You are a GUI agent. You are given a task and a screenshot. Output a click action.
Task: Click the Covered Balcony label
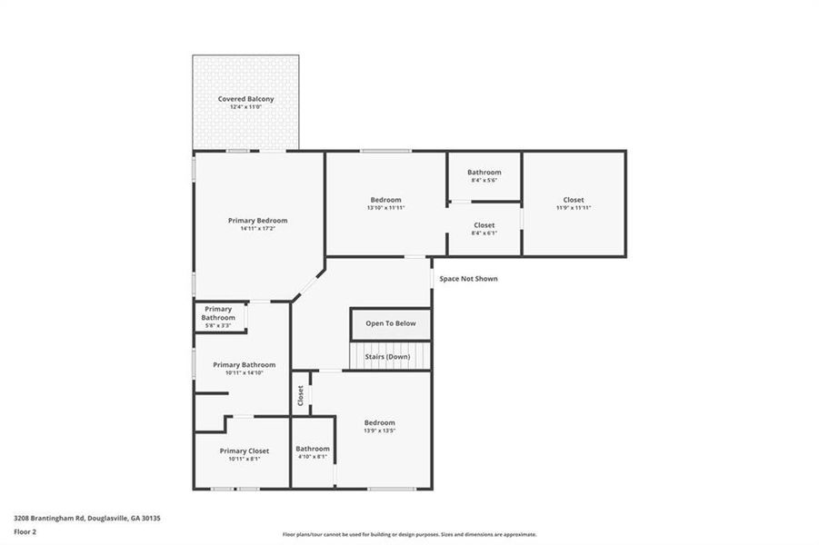(x=245, y=98)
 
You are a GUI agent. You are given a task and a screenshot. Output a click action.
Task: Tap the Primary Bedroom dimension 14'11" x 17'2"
(x=257, y=229)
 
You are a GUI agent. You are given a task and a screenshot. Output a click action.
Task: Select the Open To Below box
(x=391, y=323)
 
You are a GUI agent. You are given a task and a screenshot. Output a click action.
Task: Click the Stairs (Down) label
(x=387, y=357)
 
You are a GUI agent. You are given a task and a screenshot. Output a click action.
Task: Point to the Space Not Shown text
(x=468, y=279)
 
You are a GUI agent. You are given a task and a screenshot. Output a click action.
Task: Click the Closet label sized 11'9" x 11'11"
(x=574, y=200)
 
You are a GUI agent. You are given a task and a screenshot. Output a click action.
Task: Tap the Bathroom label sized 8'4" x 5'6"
(x=484, y=173)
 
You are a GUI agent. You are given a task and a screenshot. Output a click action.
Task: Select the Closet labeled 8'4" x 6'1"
(x=484, y=225)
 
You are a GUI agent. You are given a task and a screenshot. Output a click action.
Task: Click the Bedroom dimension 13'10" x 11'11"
(x=385, y=208)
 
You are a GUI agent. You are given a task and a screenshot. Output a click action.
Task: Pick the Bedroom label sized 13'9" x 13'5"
(x=380, y=422)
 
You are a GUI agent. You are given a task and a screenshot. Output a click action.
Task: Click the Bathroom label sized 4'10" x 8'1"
(x=313, y=449)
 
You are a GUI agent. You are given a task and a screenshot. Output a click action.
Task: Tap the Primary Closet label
(x=245, y=451)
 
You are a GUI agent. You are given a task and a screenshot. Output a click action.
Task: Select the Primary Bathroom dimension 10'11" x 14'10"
(x=245, y=372)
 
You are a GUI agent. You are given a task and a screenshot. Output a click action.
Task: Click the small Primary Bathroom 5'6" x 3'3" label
(x=217, y=313)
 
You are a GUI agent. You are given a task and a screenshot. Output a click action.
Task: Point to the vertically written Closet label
(x=300, y=395)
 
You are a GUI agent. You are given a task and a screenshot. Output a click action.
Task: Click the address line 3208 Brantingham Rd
(x=86, y=518)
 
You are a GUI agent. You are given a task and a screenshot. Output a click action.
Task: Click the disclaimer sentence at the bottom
(x=409, y=534)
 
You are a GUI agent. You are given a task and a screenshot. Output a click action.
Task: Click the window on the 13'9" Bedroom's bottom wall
(x=391, y=489)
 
